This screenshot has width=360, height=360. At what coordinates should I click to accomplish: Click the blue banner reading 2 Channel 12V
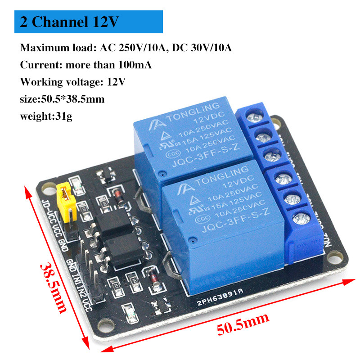[88, 22]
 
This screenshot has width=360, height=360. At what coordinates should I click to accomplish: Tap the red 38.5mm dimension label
[53, 288]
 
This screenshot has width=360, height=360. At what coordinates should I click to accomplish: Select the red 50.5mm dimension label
[243, 323]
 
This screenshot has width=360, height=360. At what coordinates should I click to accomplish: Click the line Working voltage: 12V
[72, 82]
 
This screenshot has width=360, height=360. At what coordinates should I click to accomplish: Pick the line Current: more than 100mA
[85, 65]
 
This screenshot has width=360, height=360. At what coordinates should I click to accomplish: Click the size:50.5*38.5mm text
[62, 99]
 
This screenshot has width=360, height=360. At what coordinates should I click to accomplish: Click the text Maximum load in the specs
[47, 48]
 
